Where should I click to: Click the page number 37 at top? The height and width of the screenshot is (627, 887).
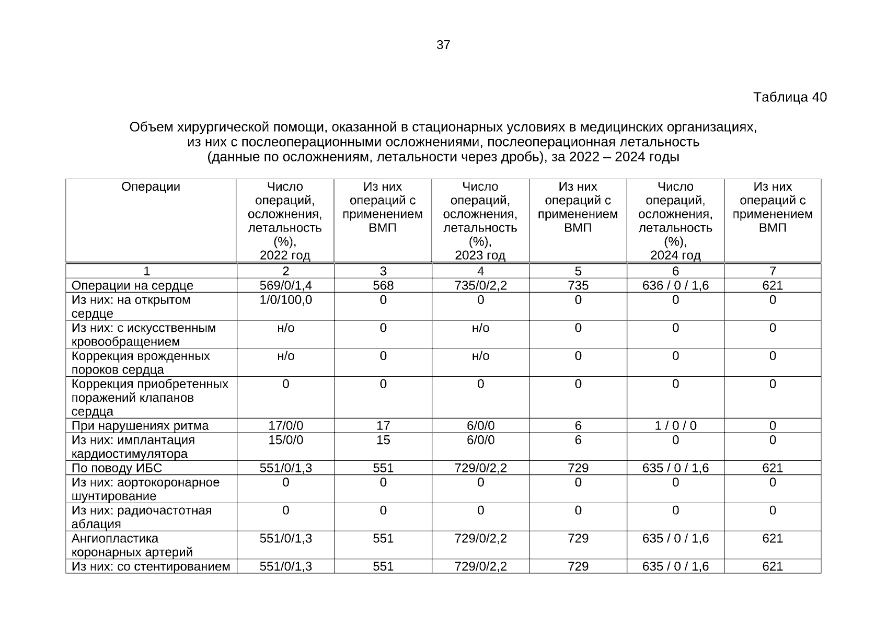(x=443, y=45)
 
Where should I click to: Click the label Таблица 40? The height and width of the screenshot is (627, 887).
(x=789, y=97)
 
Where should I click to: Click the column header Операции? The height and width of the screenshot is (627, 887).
(x=151, y=187)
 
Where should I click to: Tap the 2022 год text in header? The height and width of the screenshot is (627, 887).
(x=285, y=256)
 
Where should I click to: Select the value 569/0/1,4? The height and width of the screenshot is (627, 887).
(x=285, y=285)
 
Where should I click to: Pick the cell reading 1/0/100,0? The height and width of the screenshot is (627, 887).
(x=285, y=300)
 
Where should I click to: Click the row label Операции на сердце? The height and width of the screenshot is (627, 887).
(x=132, y=286)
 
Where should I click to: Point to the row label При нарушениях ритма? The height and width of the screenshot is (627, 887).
(x=140, y=426)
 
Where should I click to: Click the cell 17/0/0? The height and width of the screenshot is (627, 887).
(x=285, y=426)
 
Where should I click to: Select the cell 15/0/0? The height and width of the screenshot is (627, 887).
(x=285, y=440)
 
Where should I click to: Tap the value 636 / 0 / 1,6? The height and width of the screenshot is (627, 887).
(x=675, y=285)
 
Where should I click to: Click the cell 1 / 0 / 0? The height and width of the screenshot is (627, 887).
(x=675, y=426)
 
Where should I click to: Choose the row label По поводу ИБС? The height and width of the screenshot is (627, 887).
(x=117, y=468)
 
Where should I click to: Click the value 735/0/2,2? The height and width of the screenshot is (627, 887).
(x=480, y=285)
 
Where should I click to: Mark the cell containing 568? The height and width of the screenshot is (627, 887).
(x=383, y=285)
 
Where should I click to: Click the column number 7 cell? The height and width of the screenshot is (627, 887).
(x=773, y=271)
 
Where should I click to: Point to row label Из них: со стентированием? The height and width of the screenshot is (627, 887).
(x=151, y=566)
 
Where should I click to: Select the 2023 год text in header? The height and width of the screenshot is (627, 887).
(x=480, y=256)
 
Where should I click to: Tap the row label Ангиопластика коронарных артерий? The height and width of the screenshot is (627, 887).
(x=132, y=545)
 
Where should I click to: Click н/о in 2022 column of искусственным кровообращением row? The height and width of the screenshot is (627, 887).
(x=285, y=328)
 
